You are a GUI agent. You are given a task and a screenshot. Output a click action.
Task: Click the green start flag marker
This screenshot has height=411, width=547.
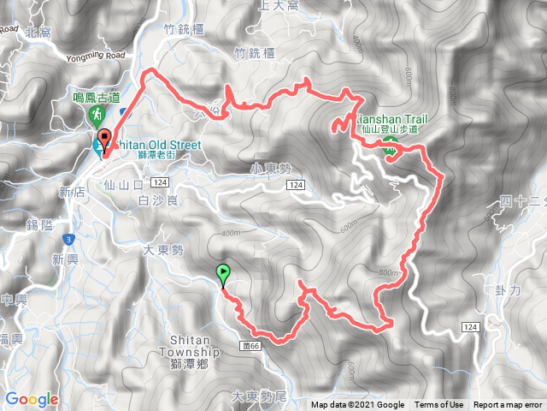point(224,275)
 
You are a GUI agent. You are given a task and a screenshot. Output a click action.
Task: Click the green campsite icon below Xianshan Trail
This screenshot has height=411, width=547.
point(390,146)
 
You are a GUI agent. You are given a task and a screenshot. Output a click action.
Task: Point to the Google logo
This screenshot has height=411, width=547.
point(32,399)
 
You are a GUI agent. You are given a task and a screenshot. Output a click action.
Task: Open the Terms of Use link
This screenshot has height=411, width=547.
point(439,405)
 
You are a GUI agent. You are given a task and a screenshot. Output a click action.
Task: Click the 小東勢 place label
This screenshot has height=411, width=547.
point(249,170)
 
